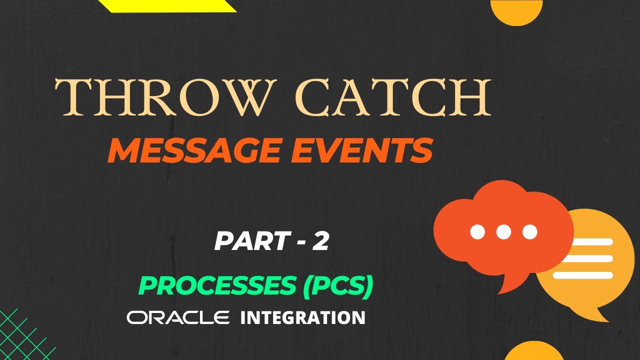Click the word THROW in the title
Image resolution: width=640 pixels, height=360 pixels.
[165, 97]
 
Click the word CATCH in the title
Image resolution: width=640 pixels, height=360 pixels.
[393, 97]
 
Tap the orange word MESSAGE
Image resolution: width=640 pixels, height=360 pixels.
[193, 150]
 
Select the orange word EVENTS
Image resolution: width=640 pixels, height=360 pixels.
[361, 150]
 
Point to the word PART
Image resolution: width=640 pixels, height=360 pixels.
[250, 241]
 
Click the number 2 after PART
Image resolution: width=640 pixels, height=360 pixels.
[320, 241]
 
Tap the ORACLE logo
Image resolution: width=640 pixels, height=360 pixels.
[178, 317]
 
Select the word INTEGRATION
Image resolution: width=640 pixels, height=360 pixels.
[303, 317]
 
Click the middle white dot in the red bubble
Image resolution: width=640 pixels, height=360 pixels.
[503, 231]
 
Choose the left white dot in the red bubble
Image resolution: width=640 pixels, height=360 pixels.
[477, 231]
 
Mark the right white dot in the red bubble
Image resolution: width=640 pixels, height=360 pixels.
[530, 231]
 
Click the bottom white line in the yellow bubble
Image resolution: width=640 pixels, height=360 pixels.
[583, 275]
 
